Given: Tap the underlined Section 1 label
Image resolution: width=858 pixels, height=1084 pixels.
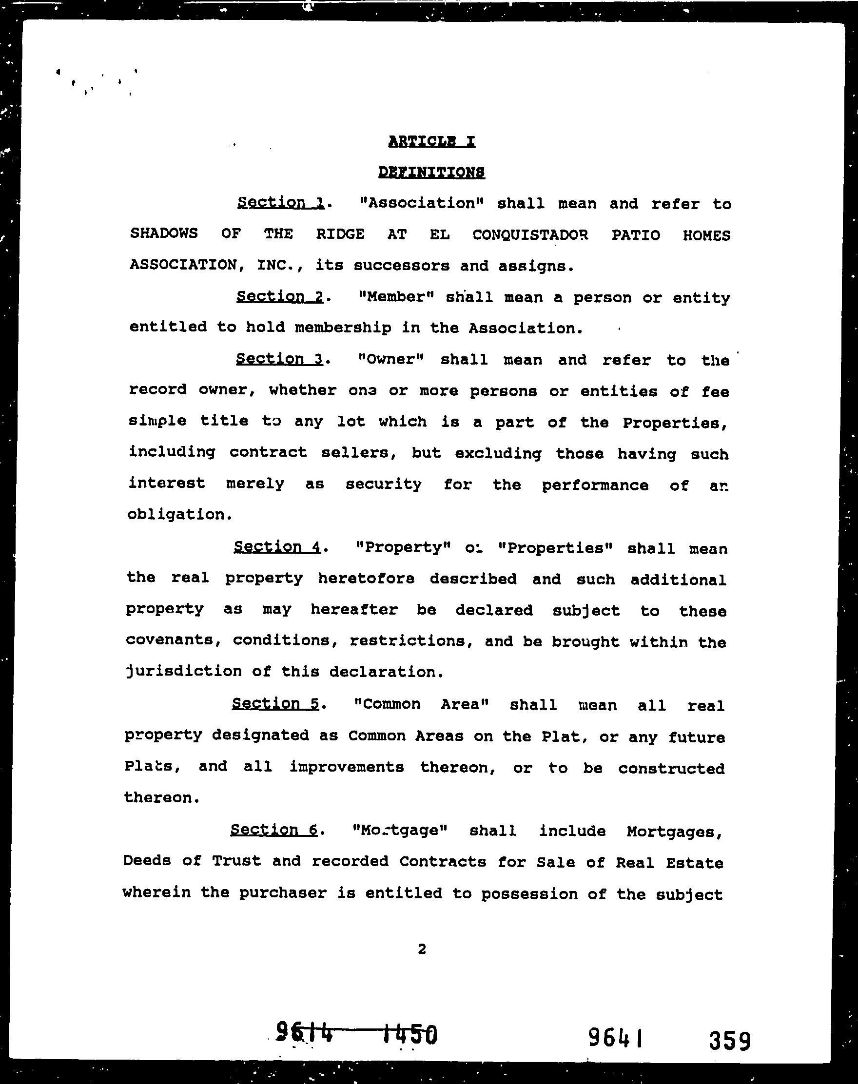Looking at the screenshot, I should click(x=281, y=202).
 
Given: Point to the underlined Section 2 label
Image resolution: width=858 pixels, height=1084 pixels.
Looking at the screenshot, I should click(x=280, y=296).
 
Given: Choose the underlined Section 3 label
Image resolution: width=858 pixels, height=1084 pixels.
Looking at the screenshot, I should click(x=279, y=359).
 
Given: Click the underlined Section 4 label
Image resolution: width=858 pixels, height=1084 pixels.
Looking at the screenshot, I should click(x=277, y=546).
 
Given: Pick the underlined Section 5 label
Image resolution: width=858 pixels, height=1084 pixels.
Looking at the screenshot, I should click(x=276, y=703).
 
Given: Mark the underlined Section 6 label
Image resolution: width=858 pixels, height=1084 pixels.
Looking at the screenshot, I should click(x=274, y=830).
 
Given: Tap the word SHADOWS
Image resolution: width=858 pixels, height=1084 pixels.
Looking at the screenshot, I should click(x=164, y=233).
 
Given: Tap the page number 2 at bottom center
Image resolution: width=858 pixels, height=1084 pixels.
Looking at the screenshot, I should click(x=422, y=948).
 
